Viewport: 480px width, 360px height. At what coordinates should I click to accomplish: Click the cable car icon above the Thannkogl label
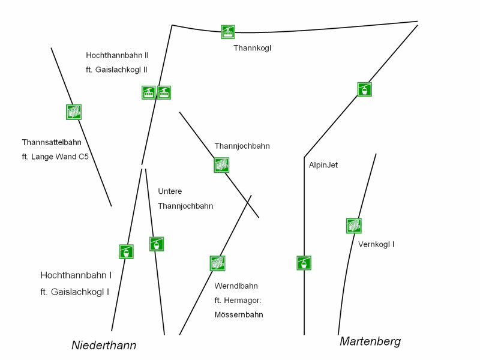(228, 32)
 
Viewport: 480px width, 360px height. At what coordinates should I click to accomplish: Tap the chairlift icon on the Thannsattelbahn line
(74, 112)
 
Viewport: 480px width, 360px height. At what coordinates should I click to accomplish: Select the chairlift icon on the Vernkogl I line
(354, 226)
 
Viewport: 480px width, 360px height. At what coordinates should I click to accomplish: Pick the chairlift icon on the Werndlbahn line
(217, 263)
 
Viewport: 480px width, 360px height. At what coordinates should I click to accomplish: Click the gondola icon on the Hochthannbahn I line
(126, 251)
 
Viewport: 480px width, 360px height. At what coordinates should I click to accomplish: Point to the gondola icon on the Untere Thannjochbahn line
(157, 244)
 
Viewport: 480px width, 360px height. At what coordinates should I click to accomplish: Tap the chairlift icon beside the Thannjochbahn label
(221, 165)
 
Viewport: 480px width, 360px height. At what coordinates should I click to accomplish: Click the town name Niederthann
(104, 345)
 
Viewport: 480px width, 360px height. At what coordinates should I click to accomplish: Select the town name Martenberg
(370, 341)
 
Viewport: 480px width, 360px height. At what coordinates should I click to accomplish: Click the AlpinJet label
(323, 165)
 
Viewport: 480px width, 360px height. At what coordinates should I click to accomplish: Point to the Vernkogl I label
(376, 244)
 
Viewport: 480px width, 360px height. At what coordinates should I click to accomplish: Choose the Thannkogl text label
(252, 48)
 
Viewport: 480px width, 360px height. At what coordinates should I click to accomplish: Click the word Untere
(170, 191)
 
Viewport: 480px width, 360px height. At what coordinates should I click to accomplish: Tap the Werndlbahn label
(236, 286)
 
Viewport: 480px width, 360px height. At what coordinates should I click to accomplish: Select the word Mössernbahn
(239, 314)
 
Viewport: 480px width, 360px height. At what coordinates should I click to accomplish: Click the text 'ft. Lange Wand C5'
(55, 157)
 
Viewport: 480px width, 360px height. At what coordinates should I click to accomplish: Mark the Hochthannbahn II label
(117, 55)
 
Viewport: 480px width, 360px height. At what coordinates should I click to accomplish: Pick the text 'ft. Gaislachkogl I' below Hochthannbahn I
(74, 292)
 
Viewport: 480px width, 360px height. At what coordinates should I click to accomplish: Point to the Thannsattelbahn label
(52, 142)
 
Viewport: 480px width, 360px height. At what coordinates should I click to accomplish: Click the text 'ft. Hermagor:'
(238, 301)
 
